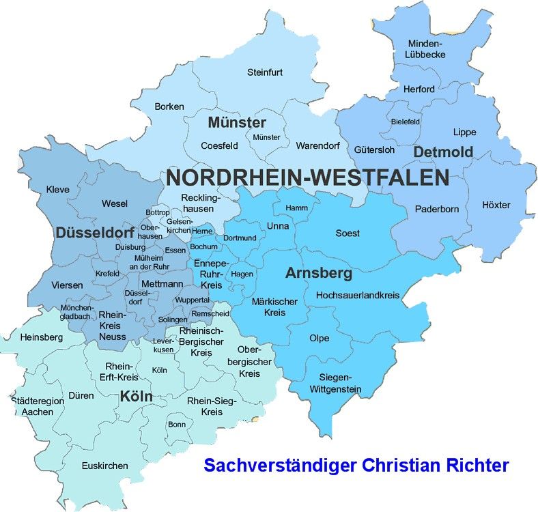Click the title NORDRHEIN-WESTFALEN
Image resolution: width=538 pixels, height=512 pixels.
click(x=307, y=178)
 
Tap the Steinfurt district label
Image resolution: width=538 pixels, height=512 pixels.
click(x=265, y=72)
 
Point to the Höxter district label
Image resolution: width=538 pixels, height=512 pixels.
click(x=496, y=205)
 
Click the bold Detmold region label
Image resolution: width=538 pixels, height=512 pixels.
click(x=442, y=152)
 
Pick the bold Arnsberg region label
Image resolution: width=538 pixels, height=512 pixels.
click(x=318, y=274)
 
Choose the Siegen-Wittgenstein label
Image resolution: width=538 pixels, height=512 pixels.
click(x=339, y=384)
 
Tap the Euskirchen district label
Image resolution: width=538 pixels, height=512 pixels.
click(x=104, y=466)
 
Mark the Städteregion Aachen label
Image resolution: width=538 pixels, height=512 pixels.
click(x=38, y=406)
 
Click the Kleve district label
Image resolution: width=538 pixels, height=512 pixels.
click(x=57, y=189)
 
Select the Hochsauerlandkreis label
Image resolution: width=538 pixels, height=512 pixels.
click(x=357, y=296)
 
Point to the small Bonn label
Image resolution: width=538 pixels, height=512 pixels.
click(x=176, y=424)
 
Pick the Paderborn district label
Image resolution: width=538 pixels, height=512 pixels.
click(x=437, y=209)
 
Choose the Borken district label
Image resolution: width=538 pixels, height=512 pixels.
click(x=169, y=106)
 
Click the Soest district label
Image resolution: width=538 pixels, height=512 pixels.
click(x=348, y=233)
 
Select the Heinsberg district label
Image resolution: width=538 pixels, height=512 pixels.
click(x=42, y=337)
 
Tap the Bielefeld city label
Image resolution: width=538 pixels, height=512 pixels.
click(x=406, y=122)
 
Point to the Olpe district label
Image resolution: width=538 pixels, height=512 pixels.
click(x=319, y=338)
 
